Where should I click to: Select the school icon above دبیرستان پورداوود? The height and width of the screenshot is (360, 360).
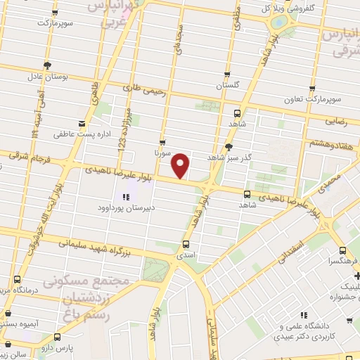tap(126, 197)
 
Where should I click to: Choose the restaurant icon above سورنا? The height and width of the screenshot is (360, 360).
tap(162, 141)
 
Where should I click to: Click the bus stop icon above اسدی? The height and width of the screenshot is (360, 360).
tap(186, 245)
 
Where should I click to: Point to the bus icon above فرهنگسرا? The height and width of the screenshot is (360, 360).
tap(342, 252)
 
